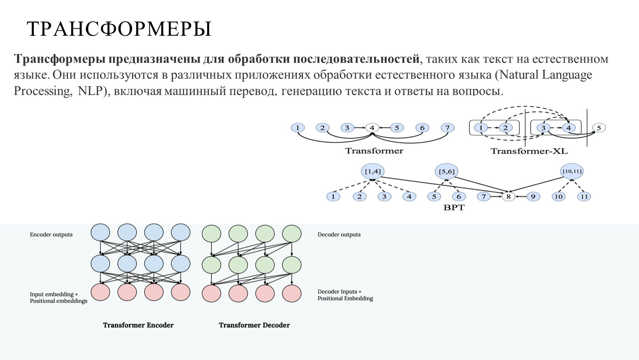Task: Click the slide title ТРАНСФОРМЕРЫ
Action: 119,29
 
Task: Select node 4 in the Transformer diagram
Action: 372,128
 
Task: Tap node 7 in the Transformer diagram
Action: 447,128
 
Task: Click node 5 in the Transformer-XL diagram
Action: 599,128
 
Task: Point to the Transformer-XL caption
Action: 529,151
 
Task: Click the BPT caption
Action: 454,207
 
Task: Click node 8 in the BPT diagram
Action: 508,197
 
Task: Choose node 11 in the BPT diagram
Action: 584,197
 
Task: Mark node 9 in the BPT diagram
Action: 533,197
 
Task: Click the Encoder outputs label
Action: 51,235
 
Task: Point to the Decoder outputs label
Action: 339,235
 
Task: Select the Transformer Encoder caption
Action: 138,325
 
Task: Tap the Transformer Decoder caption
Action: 254,325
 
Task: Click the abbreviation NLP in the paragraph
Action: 90,91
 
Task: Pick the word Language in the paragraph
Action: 567,75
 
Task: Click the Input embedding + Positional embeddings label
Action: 58,297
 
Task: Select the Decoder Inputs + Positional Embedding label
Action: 345,295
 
